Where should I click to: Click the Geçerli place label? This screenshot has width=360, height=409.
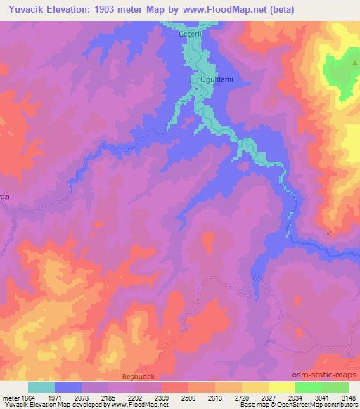click(x=191, y=34)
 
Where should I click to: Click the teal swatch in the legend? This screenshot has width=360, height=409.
click(x=41, y=387)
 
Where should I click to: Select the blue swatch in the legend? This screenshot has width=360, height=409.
click(x=68, y=387)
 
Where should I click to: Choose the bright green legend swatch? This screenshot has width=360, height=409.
click(x=308, y=387)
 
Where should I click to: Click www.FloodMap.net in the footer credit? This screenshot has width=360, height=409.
click(x=115, y=405)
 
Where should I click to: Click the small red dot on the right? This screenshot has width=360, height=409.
click(x=330, y=232)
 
